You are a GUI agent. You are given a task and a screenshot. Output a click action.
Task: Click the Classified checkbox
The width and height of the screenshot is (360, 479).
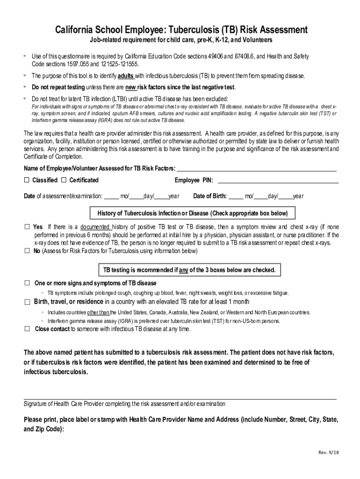point(27,180)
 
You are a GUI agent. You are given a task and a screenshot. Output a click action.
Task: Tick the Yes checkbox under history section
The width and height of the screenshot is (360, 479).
point(27,227)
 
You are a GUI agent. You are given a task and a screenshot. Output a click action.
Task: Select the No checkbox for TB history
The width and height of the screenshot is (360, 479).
point(27,251)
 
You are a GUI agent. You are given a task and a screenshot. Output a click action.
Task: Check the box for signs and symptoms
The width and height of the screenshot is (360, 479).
point(27,283)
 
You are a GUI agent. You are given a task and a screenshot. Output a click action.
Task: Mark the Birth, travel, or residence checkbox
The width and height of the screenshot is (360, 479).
point(27,302)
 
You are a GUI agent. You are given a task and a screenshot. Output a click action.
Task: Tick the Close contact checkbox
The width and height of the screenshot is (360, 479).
point(27,329)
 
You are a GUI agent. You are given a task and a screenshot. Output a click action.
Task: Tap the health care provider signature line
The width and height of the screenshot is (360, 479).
point(180,399)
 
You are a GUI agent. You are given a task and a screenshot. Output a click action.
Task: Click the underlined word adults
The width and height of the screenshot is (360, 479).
point(126,76)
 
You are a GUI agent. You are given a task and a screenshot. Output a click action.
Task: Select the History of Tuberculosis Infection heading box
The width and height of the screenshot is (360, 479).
point(192,214)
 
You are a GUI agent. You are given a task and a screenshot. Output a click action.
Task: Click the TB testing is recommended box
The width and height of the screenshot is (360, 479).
point(189,270)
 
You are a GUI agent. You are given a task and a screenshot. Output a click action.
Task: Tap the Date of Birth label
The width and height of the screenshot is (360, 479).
point(210,196)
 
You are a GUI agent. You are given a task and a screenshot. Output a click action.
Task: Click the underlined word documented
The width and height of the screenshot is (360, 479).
point(92,227)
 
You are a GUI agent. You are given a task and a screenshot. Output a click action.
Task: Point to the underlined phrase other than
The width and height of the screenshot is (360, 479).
point(98,312)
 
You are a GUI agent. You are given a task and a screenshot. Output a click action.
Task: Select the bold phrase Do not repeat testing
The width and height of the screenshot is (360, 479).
point(58,87)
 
